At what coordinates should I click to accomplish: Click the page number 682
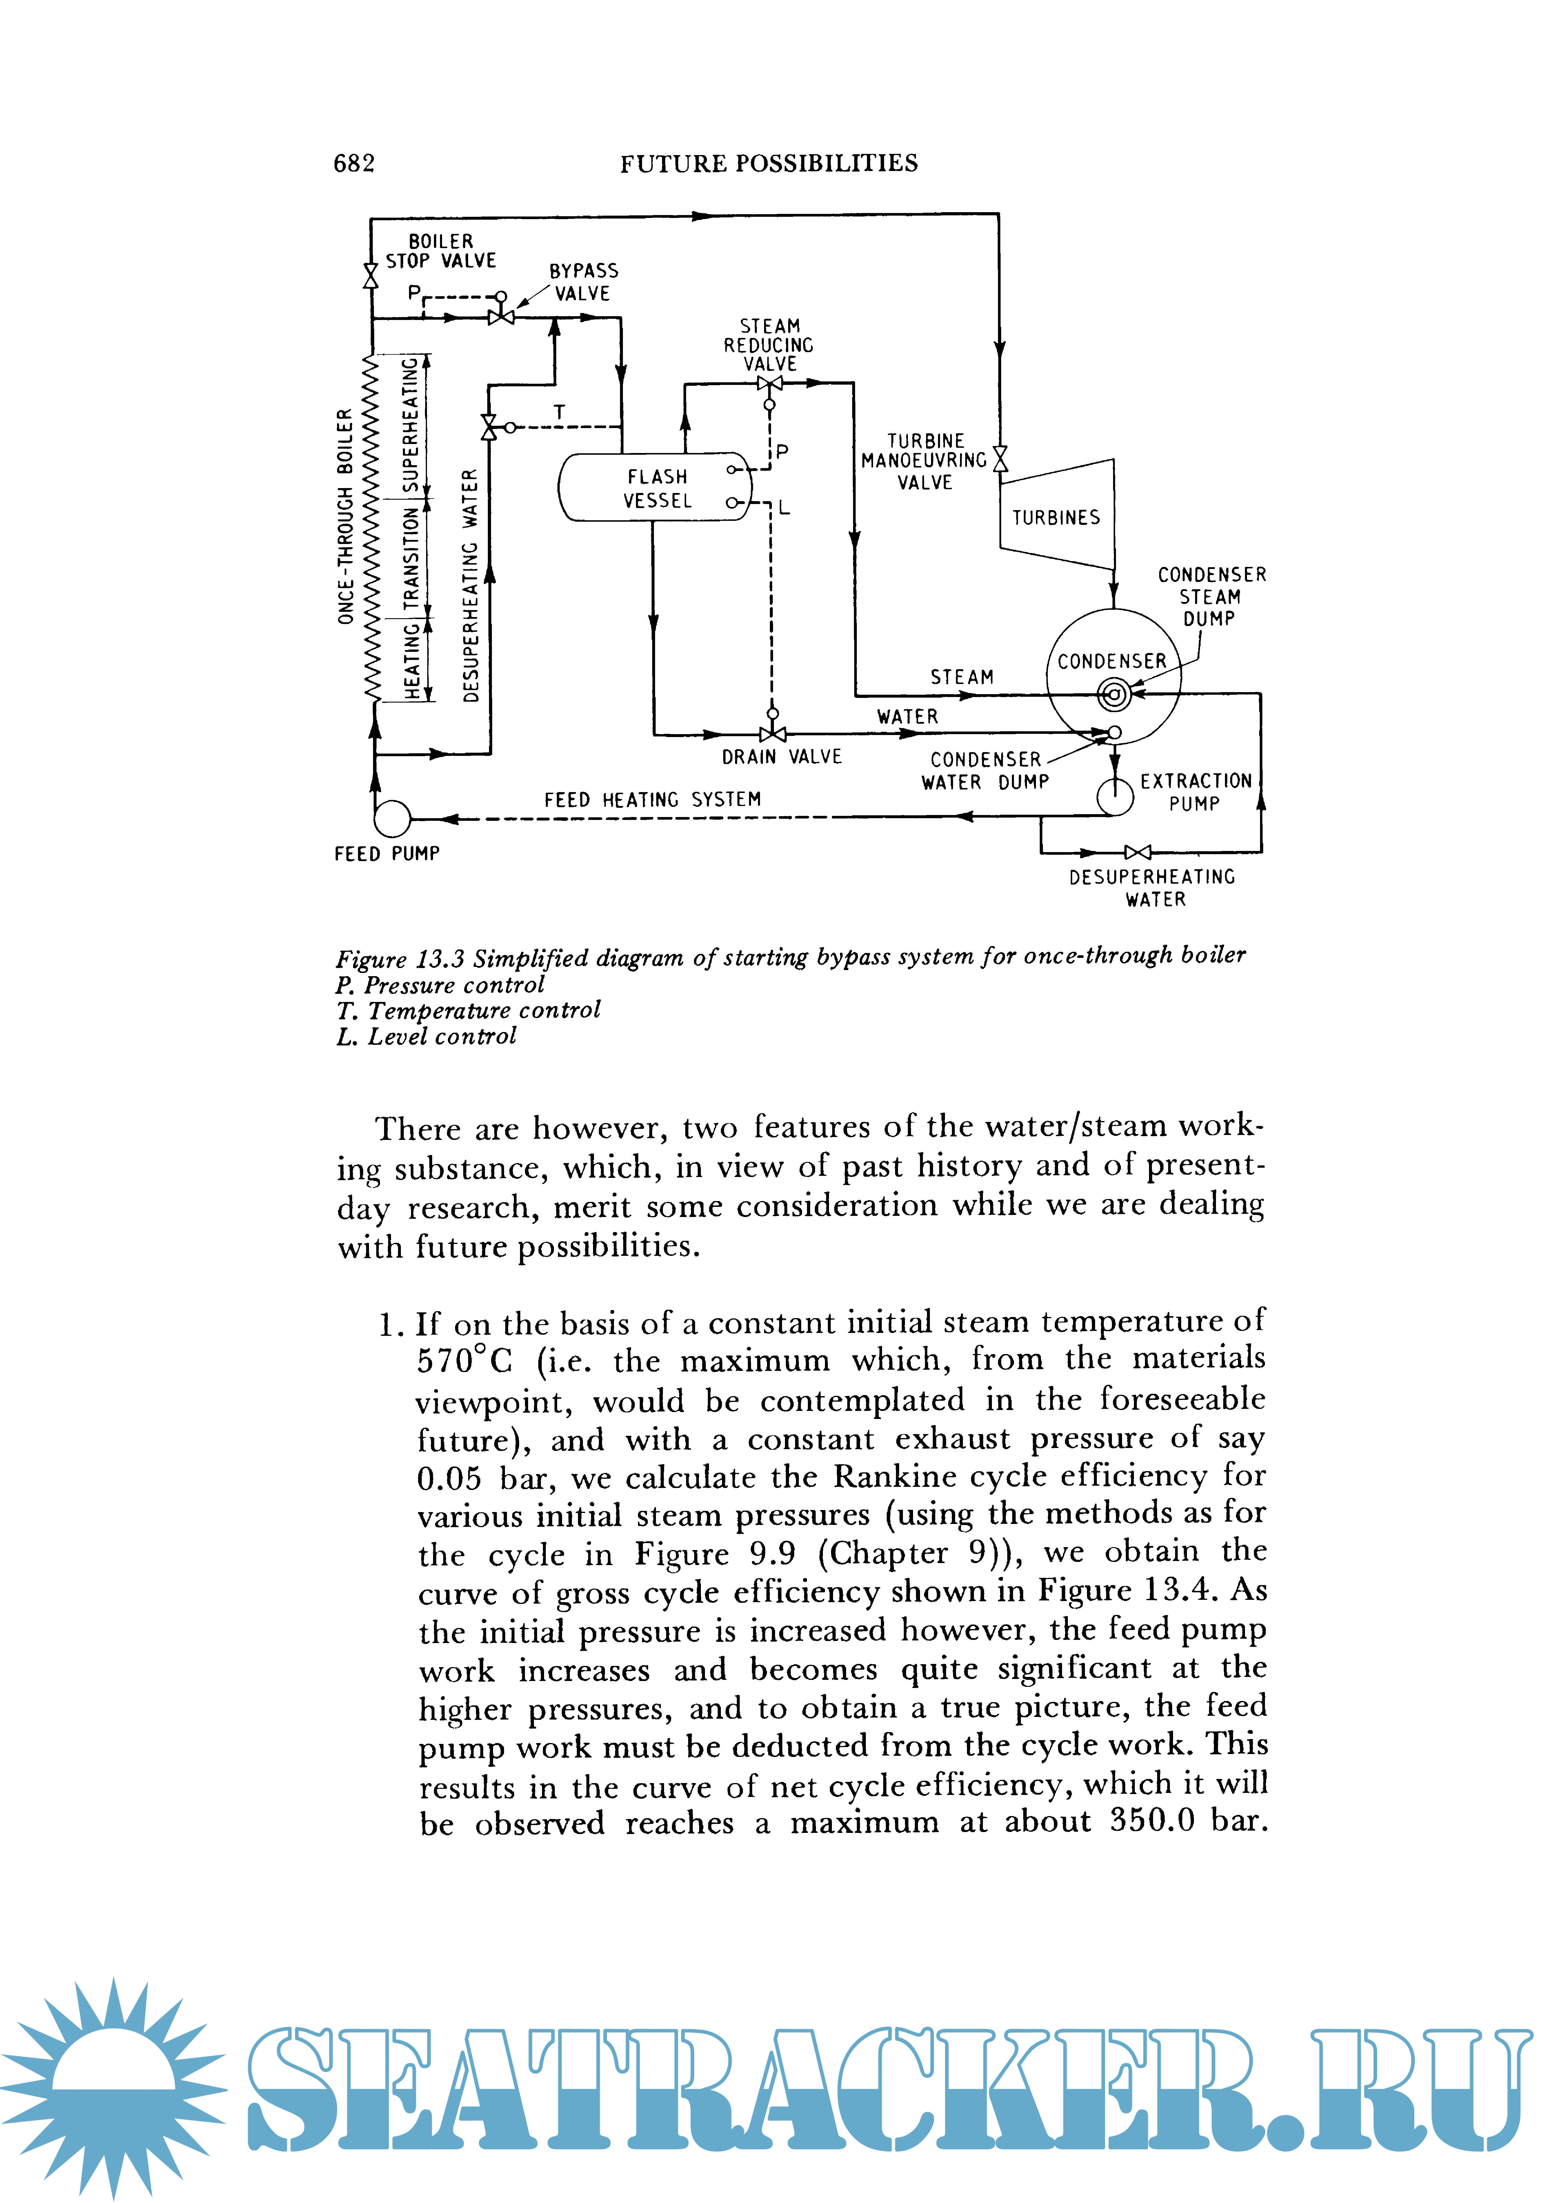354,164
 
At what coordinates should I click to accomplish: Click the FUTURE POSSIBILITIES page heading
768,164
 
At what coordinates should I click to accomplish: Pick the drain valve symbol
772,735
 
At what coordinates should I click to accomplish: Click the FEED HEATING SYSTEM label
652,799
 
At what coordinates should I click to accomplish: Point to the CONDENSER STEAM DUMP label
1211,597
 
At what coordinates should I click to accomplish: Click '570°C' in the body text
465,1360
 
